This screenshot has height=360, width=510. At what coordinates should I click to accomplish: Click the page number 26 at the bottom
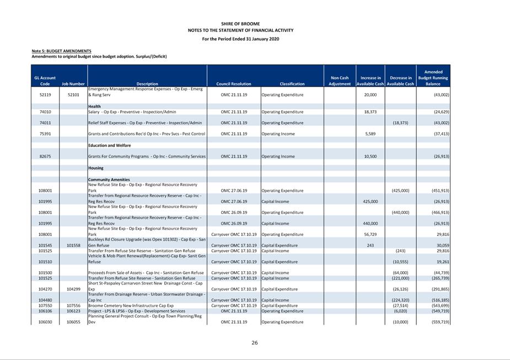(x=255, y=343)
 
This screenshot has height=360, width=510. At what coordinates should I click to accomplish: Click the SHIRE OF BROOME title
(x=240, y=24)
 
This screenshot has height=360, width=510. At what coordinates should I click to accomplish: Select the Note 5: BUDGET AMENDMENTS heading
(x=61, y=51)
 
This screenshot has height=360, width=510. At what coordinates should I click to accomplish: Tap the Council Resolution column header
(x=234, y=84)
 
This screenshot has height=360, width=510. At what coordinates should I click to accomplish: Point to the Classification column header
(x=292, y=84)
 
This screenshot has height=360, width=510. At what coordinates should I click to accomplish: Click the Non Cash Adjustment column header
(x=340, y=81)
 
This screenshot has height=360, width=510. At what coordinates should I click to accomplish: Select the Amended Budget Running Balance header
(x=433, y=78)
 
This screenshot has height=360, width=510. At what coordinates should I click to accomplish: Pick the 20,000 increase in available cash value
(x=370, y=95)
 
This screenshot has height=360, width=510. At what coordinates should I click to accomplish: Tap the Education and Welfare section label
(x=109, y=146)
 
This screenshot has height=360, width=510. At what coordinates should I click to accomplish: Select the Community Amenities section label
(x=109, y=180)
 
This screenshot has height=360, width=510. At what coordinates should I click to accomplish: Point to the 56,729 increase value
(x=370, y=234)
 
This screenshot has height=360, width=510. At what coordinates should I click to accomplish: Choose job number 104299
(x=73, y=289)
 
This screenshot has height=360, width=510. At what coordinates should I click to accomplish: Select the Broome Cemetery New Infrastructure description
(x=131, y=305)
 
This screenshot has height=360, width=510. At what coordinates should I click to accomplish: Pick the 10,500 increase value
(x=370, y=157)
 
